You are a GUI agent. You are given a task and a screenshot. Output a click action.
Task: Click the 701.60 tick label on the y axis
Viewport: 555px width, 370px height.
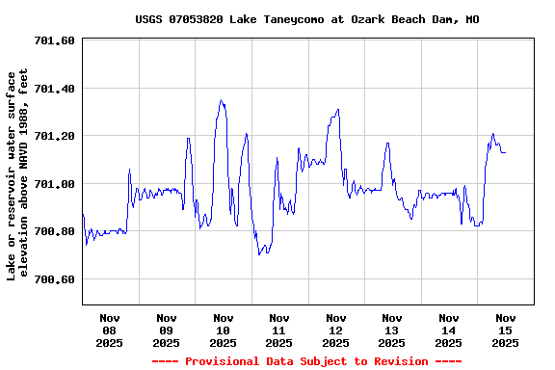pyautogui.click(x=54, y=40)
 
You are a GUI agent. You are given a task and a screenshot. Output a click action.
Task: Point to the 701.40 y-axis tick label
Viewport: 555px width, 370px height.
pyautogui.click(x=54, y=89)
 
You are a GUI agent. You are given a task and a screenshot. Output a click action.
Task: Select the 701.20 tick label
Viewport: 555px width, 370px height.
pyautogui.click(x=54, y=136)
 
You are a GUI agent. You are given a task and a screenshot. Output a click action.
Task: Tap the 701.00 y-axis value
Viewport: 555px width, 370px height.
pyautogui.click(x=54, y=184)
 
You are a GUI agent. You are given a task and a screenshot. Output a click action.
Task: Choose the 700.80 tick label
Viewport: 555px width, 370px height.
pyautogui.click(x=54, y=231)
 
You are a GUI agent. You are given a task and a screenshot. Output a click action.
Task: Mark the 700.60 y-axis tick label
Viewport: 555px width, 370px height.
pyautogui.click(x=54, y=279)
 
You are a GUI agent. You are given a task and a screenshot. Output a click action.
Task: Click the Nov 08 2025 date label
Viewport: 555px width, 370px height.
pyautogui.click(x=110, y=330)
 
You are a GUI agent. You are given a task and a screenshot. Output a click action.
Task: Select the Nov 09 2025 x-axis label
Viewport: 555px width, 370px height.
pyautogui.click(x=166, y=330)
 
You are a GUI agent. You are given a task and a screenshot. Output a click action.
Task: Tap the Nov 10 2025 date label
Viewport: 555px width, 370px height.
pyautogui.click(x=223, y=330)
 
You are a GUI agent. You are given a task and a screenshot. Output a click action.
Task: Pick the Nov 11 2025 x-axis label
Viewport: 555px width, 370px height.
pyautogui.click(x=279, y=330)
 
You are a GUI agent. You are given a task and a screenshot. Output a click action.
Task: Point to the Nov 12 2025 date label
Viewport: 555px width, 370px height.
pyautogui.click(x=335, y=330)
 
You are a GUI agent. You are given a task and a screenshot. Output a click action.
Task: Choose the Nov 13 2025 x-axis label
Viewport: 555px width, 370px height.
pyautogui.click(x=392, y=330)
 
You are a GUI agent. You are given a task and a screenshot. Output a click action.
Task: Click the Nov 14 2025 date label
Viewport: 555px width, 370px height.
pyautogui.click(x=448, y=330)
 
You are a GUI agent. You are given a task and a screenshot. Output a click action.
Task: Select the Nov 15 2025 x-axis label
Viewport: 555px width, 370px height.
pyautogui.click(x=505, y=330)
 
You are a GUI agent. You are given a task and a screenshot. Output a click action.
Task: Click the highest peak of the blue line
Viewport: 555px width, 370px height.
pyautogui.click(x=222, y=100)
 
